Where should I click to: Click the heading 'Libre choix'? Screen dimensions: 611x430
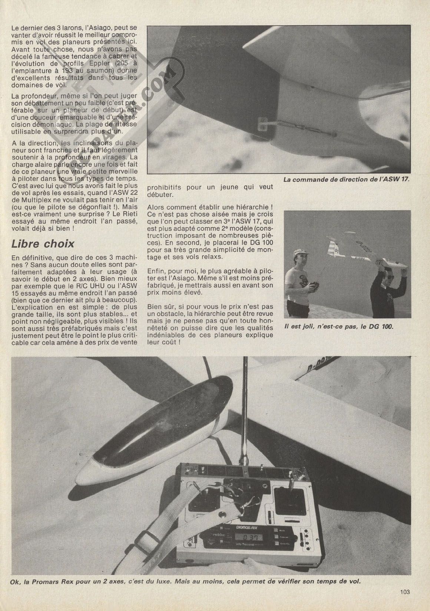(43, 244)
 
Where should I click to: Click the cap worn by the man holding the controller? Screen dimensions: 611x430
(300, 253)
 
